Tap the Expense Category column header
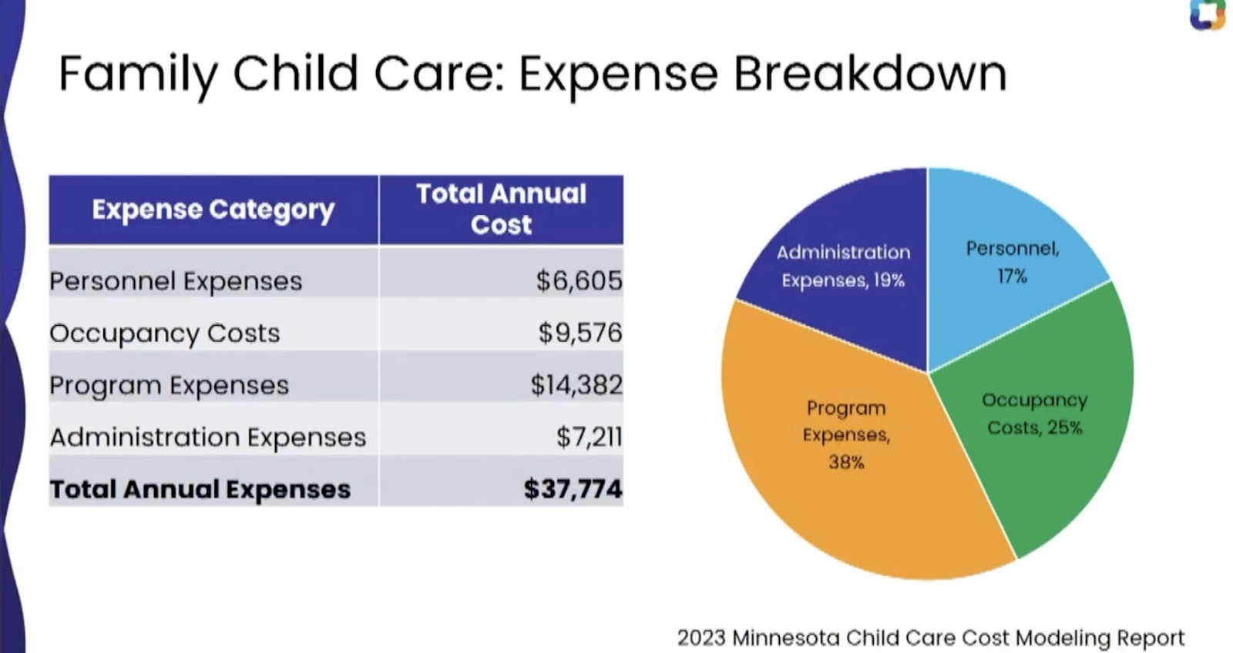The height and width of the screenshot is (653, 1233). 213,209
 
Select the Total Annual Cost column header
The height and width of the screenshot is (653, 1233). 501,209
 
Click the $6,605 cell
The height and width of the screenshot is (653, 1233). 579,281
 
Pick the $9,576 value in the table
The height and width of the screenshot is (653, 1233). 580,333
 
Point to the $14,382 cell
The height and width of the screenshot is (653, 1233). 576,384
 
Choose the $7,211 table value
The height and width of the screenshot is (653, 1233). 589,437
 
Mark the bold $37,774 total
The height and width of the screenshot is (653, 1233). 572,489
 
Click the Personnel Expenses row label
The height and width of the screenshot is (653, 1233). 176,281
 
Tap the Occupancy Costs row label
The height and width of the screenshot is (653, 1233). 164,333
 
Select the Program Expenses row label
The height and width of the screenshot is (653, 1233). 169,385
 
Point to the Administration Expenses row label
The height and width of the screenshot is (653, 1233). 207,437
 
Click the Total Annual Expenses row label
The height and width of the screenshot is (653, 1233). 200,490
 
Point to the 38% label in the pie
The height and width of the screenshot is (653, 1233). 846,462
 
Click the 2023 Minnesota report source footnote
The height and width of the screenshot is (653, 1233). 930,638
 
